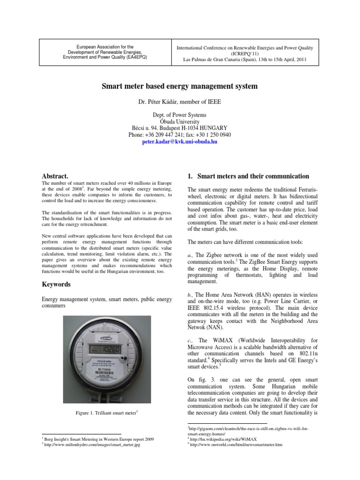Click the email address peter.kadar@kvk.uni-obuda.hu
coord(180,141)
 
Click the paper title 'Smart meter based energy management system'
coord(180,87)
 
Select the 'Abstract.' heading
coord(55,176)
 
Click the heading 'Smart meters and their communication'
coord(253,176)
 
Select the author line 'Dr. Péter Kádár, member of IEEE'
coord(180,102)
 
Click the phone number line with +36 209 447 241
coord(180,135)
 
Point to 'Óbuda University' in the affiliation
coord(180,121)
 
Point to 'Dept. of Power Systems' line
coord(180,115)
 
